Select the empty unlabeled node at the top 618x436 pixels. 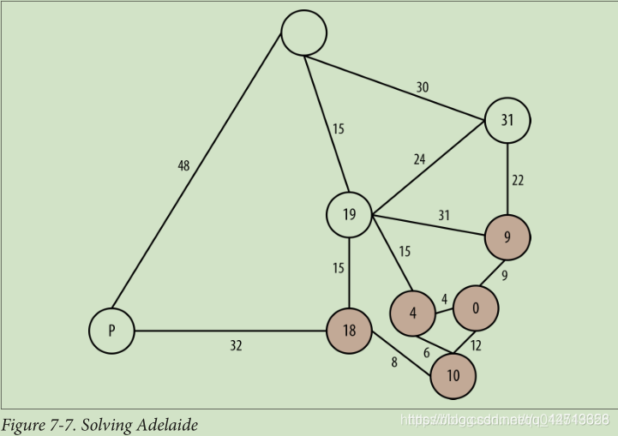[x=304, y=33]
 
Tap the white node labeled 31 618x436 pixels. [x=507, y=120]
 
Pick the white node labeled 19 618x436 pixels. [x=349, y=214]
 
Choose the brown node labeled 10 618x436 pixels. [x=453, y=376]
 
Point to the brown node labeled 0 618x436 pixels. [x=475, y=308]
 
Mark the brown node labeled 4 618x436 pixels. [x=413, y=314]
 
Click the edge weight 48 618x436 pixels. [x=183, y=166]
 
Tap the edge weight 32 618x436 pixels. [x=236, y=346]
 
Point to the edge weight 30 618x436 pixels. [x=423, y=87]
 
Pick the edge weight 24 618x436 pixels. [x=419, y=158]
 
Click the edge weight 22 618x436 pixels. [x=518, y=180]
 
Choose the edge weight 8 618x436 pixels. [x=394, y=362]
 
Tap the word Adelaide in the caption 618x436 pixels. [x=167, y=425]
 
